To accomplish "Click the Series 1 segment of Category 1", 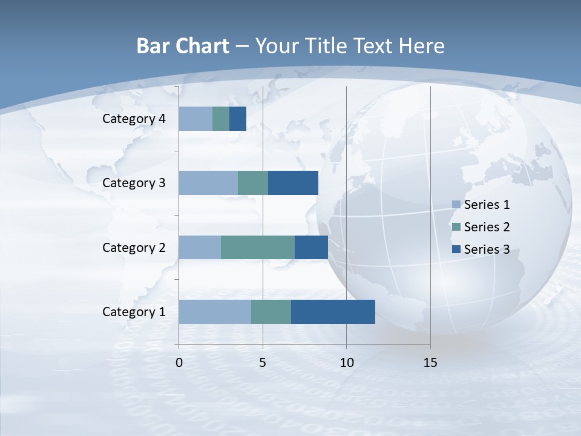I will pos(215,312).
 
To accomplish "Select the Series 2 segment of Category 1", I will pos(271,312).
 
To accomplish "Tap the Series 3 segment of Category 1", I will pos(333,312).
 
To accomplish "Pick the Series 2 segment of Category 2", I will pos(258,247).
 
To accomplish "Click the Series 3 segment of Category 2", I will pos(311,247).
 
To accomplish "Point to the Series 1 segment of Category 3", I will pos(208,183).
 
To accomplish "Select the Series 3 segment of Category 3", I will pos(293,183).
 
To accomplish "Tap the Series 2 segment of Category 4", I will pos(221,119).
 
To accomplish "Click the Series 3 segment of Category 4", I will pos(238,119).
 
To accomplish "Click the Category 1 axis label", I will pos(134,312).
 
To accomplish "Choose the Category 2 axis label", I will pos(134,247).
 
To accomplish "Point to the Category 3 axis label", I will pos(134,183).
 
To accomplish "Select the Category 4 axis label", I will pos(134,119).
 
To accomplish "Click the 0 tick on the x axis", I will pos(179,363).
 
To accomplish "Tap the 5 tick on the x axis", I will pos(263,363).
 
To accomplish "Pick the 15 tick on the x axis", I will pos(430,363).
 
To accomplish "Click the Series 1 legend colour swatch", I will pos(456,205).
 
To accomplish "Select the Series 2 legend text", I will pos(487,227).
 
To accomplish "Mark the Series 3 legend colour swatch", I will pos(456,249).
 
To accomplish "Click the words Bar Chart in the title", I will pos(183,46).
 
